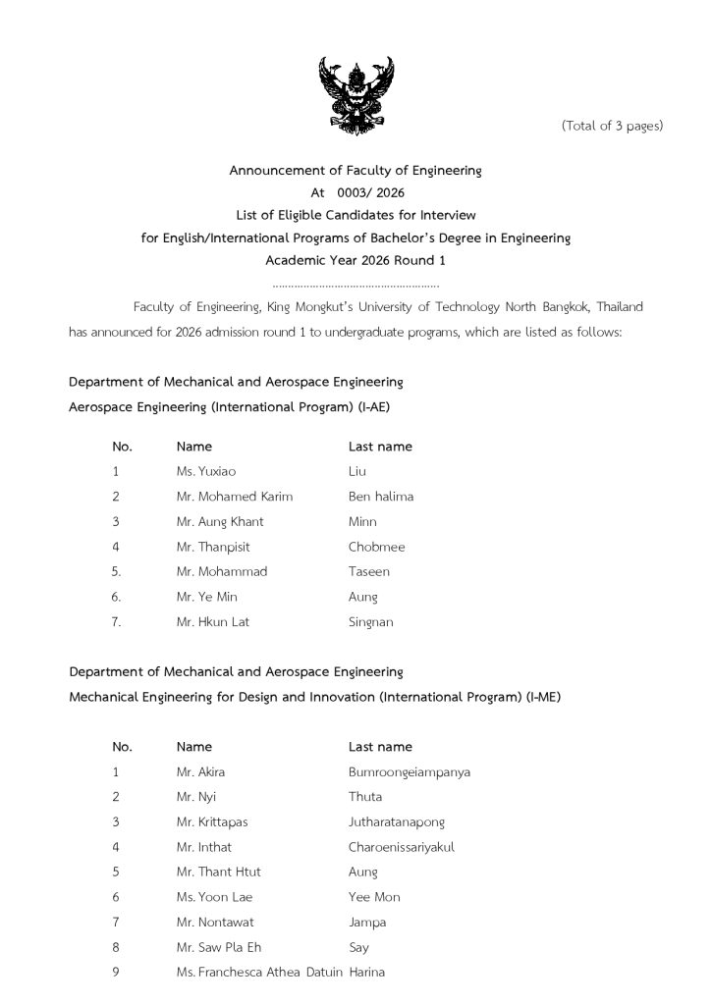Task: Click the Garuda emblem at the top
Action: pyautogui.click(x=356, y=94)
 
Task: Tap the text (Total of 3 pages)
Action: pyautogui.click(x=612, y=126)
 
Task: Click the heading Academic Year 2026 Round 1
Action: pyautogui.click(x=356, y=260)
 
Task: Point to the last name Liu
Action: pyautogui.click(x=357, y=471)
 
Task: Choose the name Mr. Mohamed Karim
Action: pyautogui.click(x=235, y=497)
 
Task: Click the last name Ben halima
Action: pyautogui.click(x=381, y=497)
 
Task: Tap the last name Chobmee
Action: pyautogui.click(x=376, y=547)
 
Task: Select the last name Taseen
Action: pyautogui.click(x=369, y=571)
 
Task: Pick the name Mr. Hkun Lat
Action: pyautogui.click(x=213, y=621)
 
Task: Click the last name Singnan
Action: pyautogui.click(x=372, y=622)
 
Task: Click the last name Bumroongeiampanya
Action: pyautogui.click(x=410, y=771)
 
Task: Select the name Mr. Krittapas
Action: pyautogui.click(x=212, y=821)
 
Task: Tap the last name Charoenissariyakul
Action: pyautogui.click(x=402, y=846)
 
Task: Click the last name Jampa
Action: pyautogui.click(x=367, y=923)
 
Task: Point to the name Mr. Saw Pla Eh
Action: pyautogui.click(x=219, y=947)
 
